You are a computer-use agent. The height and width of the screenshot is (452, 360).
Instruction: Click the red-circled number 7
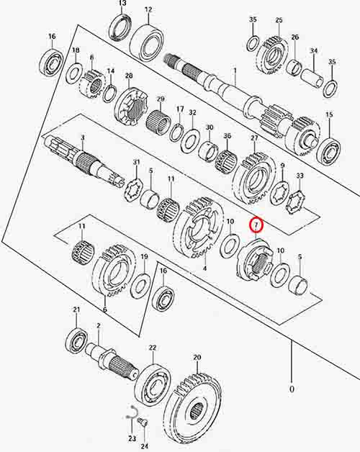point(256,225)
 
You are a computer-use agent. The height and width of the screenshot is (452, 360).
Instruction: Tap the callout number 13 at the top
point(122,4)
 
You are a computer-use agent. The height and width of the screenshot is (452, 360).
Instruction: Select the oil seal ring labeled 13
point(120,27)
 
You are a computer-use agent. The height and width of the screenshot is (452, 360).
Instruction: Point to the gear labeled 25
point(273,56)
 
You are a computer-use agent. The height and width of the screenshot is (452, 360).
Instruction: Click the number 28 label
point(129,76)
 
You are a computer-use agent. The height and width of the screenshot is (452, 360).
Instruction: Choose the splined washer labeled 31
point(133,190)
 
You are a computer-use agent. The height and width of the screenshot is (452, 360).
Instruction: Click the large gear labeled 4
point(199,227)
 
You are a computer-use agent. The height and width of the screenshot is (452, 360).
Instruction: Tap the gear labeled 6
point(114,271)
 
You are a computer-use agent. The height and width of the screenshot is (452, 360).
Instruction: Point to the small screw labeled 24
point(143,424)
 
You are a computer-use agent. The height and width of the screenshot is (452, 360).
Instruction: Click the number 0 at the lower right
point(292,389)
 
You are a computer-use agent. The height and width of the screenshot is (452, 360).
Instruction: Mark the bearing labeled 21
point(76,340)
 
